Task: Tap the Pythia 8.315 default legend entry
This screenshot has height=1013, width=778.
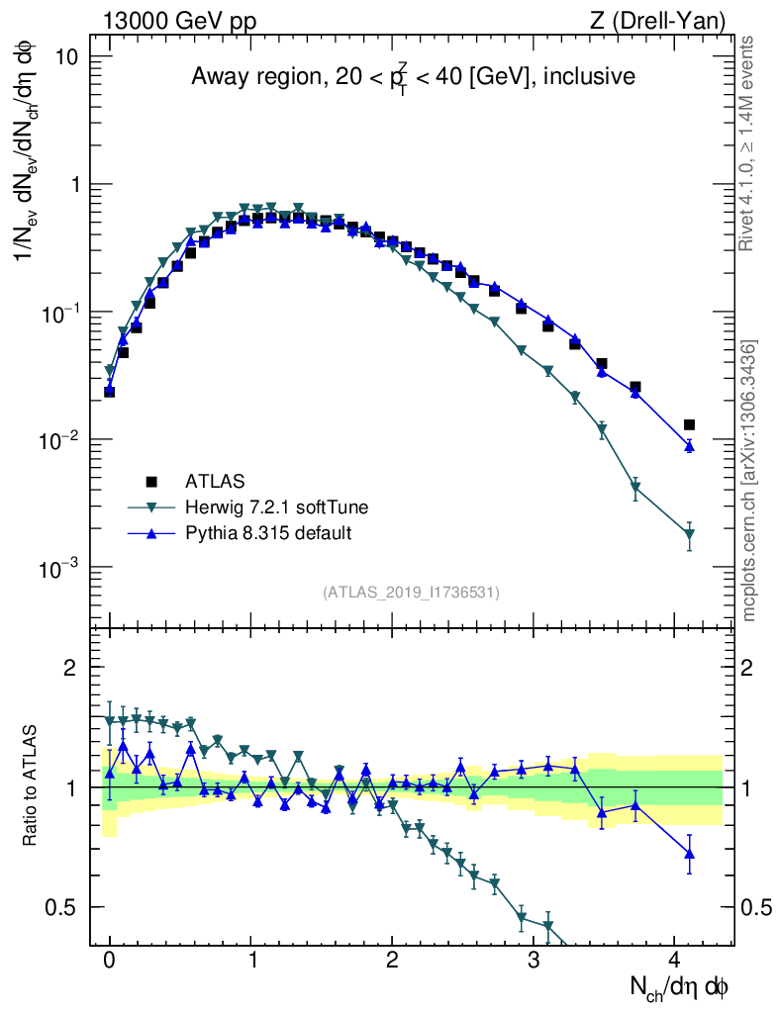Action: pyautogui.click(x=268, y=533)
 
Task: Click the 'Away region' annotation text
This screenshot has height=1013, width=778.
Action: pyautogui.click(x=413, y=77)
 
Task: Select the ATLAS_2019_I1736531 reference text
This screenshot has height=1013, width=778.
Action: pyautogui.click(x=411, y=593)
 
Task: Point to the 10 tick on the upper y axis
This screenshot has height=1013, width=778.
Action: pyautogui.click(x=67, y=56)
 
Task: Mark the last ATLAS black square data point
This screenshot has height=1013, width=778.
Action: pyautogui.click(x=689, y=424)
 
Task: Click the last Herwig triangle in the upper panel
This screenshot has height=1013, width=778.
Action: pyautogui.click(x=689, y=535)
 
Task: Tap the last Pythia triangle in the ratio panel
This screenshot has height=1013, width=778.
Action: pyautogui.click(x=689, y=853)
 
